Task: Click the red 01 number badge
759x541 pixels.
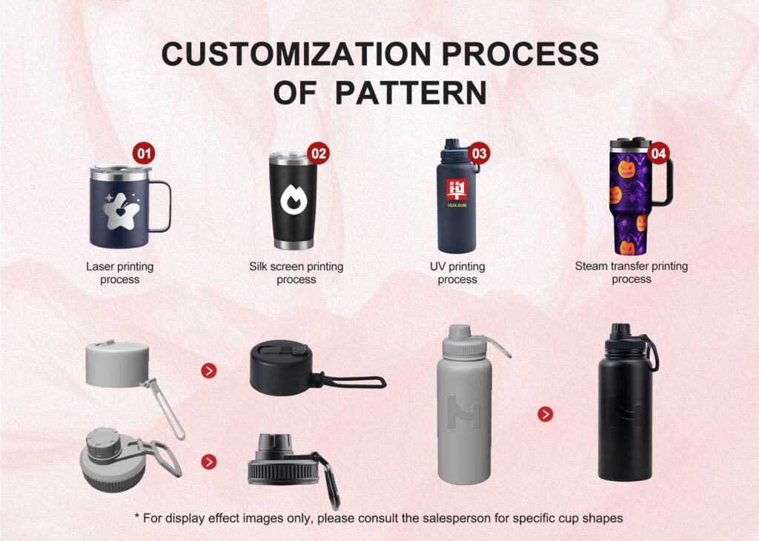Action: tap(144, 154)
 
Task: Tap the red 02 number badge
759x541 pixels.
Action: tap(319, 154)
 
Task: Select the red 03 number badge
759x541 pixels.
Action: tap(479, 154)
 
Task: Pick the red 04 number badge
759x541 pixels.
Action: tap(658, 153)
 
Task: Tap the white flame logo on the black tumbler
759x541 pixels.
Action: tap(294, 199)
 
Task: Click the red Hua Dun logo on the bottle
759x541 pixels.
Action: tap(457, 190)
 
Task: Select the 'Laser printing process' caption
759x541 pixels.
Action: tap(119, 273)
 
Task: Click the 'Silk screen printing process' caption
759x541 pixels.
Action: tap(296, 273)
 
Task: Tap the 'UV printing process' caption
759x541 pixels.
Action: tap(457, 273)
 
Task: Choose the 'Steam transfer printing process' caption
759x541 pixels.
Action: tap(632, 272)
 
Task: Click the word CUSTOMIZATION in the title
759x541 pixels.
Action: tap(296, 54)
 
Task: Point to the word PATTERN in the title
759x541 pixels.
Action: tap(411, 93)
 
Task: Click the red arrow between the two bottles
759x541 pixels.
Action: tap(545, 414)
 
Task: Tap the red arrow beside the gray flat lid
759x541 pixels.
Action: tap(208, 371)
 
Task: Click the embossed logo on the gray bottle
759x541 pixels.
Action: tap(463, 412)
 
